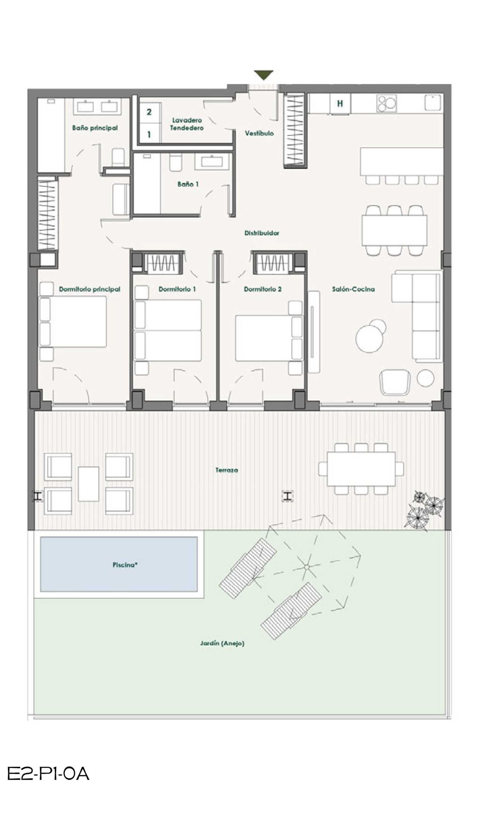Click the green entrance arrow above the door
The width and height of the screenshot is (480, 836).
click(x=264, y=74)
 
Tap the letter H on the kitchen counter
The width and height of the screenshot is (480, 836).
click(x=340, y=104)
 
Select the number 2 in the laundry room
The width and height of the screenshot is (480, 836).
click(x=149, y=112)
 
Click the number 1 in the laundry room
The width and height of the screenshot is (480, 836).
click(x=149, y=134)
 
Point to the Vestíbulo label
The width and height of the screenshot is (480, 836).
click(x=259, y=133)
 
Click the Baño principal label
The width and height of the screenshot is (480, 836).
click(x=95, y=128)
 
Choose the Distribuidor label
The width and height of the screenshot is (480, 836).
click(x=262, y=233)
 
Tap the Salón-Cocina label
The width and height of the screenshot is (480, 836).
click(x=353, y=289)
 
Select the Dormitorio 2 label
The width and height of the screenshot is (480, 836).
click(x=263, y=289)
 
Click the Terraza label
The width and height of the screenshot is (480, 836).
click(x=227, y=470)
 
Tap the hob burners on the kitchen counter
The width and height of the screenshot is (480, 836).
click(x=386, y=103)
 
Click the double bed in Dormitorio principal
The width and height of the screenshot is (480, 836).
click(x=73, y=321)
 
